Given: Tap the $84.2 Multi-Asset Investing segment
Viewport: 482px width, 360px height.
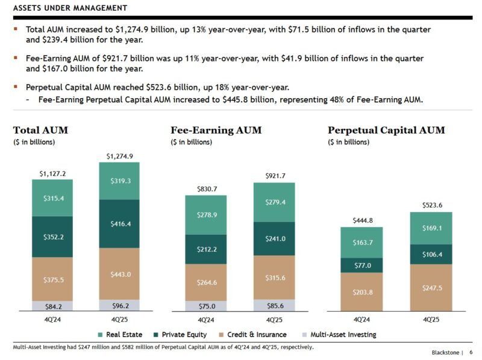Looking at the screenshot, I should (52, 306).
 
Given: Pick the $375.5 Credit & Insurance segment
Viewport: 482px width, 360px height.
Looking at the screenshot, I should (52, 279).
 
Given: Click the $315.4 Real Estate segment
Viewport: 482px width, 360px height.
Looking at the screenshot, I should (52, 198).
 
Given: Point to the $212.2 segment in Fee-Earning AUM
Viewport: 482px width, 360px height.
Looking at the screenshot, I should (206, 249).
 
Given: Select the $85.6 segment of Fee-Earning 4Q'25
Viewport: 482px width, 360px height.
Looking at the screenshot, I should (274, 305).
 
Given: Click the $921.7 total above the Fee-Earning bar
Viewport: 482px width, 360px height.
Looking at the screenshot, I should (274, 176).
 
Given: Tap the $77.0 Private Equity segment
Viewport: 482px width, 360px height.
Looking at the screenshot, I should (361, 265).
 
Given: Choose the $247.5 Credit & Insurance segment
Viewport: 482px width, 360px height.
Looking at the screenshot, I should (431, 288).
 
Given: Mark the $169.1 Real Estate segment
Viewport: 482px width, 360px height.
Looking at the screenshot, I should (431, 228).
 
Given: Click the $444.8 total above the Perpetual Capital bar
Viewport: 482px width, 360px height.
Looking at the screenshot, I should (361, 220).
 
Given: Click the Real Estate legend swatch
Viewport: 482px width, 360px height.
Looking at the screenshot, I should (100, 335).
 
